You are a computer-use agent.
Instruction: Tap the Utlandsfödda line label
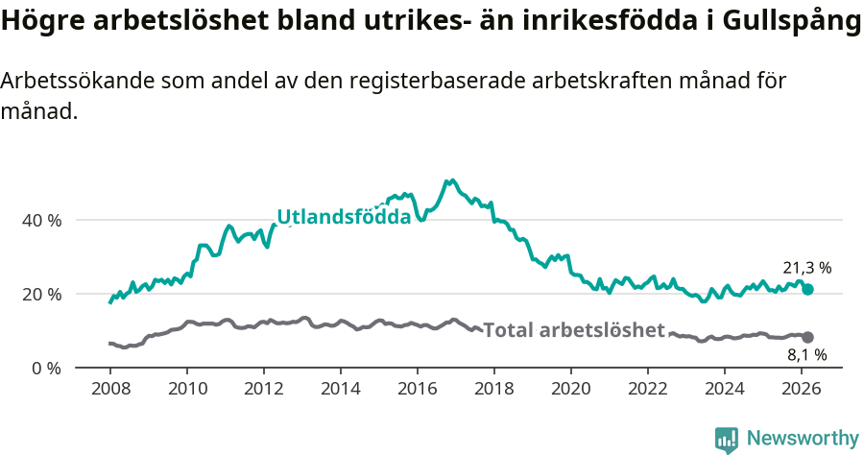(x=344, y=217)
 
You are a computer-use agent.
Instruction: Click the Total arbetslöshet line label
(x=573, y=330)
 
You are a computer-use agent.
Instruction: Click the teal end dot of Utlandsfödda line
(x=807, y=289)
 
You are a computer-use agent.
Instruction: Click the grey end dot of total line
(x=807, y=337)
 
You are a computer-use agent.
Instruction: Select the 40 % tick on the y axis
(x=41, y=220)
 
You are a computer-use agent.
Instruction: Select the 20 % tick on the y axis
(x=41, y=294)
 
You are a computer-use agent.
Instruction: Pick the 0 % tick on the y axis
(x=46, y=368)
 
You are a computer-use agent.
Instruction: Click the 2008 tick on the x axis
(x=109, y=389)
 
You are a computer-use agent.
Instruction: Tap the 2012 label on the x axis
(x=263, y=389)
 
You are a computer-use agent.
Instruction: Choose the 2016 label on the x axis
(x=417, y=389)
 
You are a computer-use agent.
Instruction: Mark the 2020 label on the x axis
(x=570, y=389)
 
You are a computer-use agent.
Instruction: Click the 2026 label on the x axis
(x=801, y=389)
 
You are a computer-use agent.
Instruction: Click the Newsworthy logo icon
(x=727, y=439)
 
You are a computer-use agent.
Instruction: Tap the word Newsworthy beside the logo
(x=802, y=439)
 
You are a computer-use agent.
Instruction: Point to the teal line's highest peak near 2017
(x=448, y=180)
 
